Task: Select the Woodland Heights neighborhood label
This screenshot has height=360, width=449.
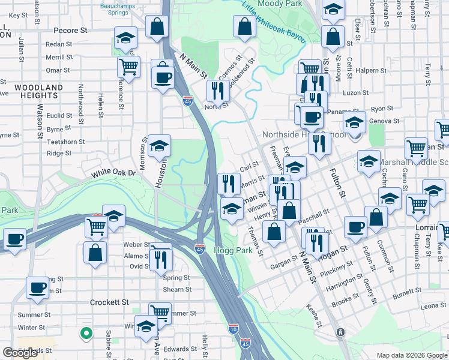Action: pyautogui.click(x=38, y=91)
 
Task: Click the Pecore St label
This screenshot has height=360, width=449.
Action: pyautogui.click(x=70, y=29)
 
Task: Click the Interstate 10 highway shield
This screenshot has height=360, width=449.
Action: pyautogui.click(x=234, y=328)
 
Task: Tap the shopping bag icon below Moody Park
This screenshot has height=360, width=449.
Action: pyautogui.click(x=244, y=26)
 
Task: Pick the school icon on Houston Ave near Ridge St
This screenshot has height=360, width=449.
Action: pyautogui.click(x=159, y=146)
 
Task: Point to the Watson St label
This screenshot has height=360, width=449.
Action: pyautogui.click(x=40, y=122)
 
